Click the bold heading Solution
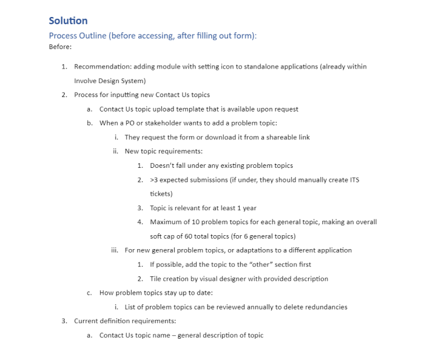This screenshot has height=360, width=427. tap(68, 21)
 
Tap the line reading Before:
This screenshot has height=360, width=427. tap(60, 47)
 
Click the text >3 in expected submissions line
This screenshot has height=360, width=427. tap(154, 180)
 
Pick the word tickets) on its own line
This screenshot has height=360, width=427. tap(161, 194)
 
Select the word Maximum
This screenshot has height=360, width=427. tap(167, 222)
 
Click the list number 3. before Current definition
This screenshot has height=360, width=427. tap(64, 321)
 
